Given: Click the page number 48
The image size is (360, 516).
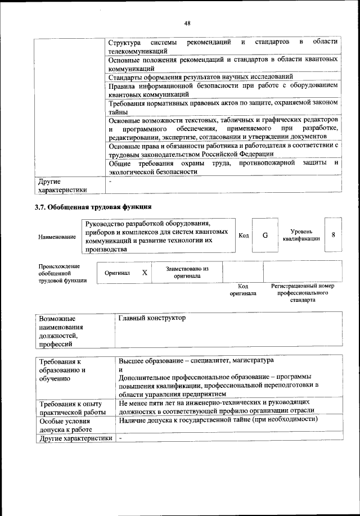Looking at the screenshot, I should point(187,23).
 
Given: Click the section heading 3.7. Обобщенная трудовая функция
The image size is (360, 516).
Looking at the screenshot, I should point(93,207).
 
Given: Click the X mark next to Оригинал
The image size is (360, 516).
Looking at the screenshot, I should point(144,273).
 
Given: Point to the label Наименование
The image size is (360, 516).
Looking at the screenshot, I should point(57,237).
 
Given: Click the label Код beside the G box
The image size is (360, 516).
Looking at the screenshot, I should point(244,235).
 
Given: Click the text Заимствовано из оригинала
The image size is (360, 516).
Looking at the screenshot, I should point(187,273).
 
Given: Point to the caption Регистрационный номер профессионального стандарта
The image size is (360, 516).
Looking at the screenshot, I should point(302,293).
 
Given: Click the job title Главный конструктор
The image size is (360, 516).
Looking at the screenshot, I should point(152,319).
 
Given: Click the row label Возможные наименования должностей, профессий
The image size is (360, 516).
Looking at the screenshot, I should point(61,331).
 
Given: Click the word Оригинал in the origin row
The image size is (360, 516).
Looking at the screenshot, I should point(118,273).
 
